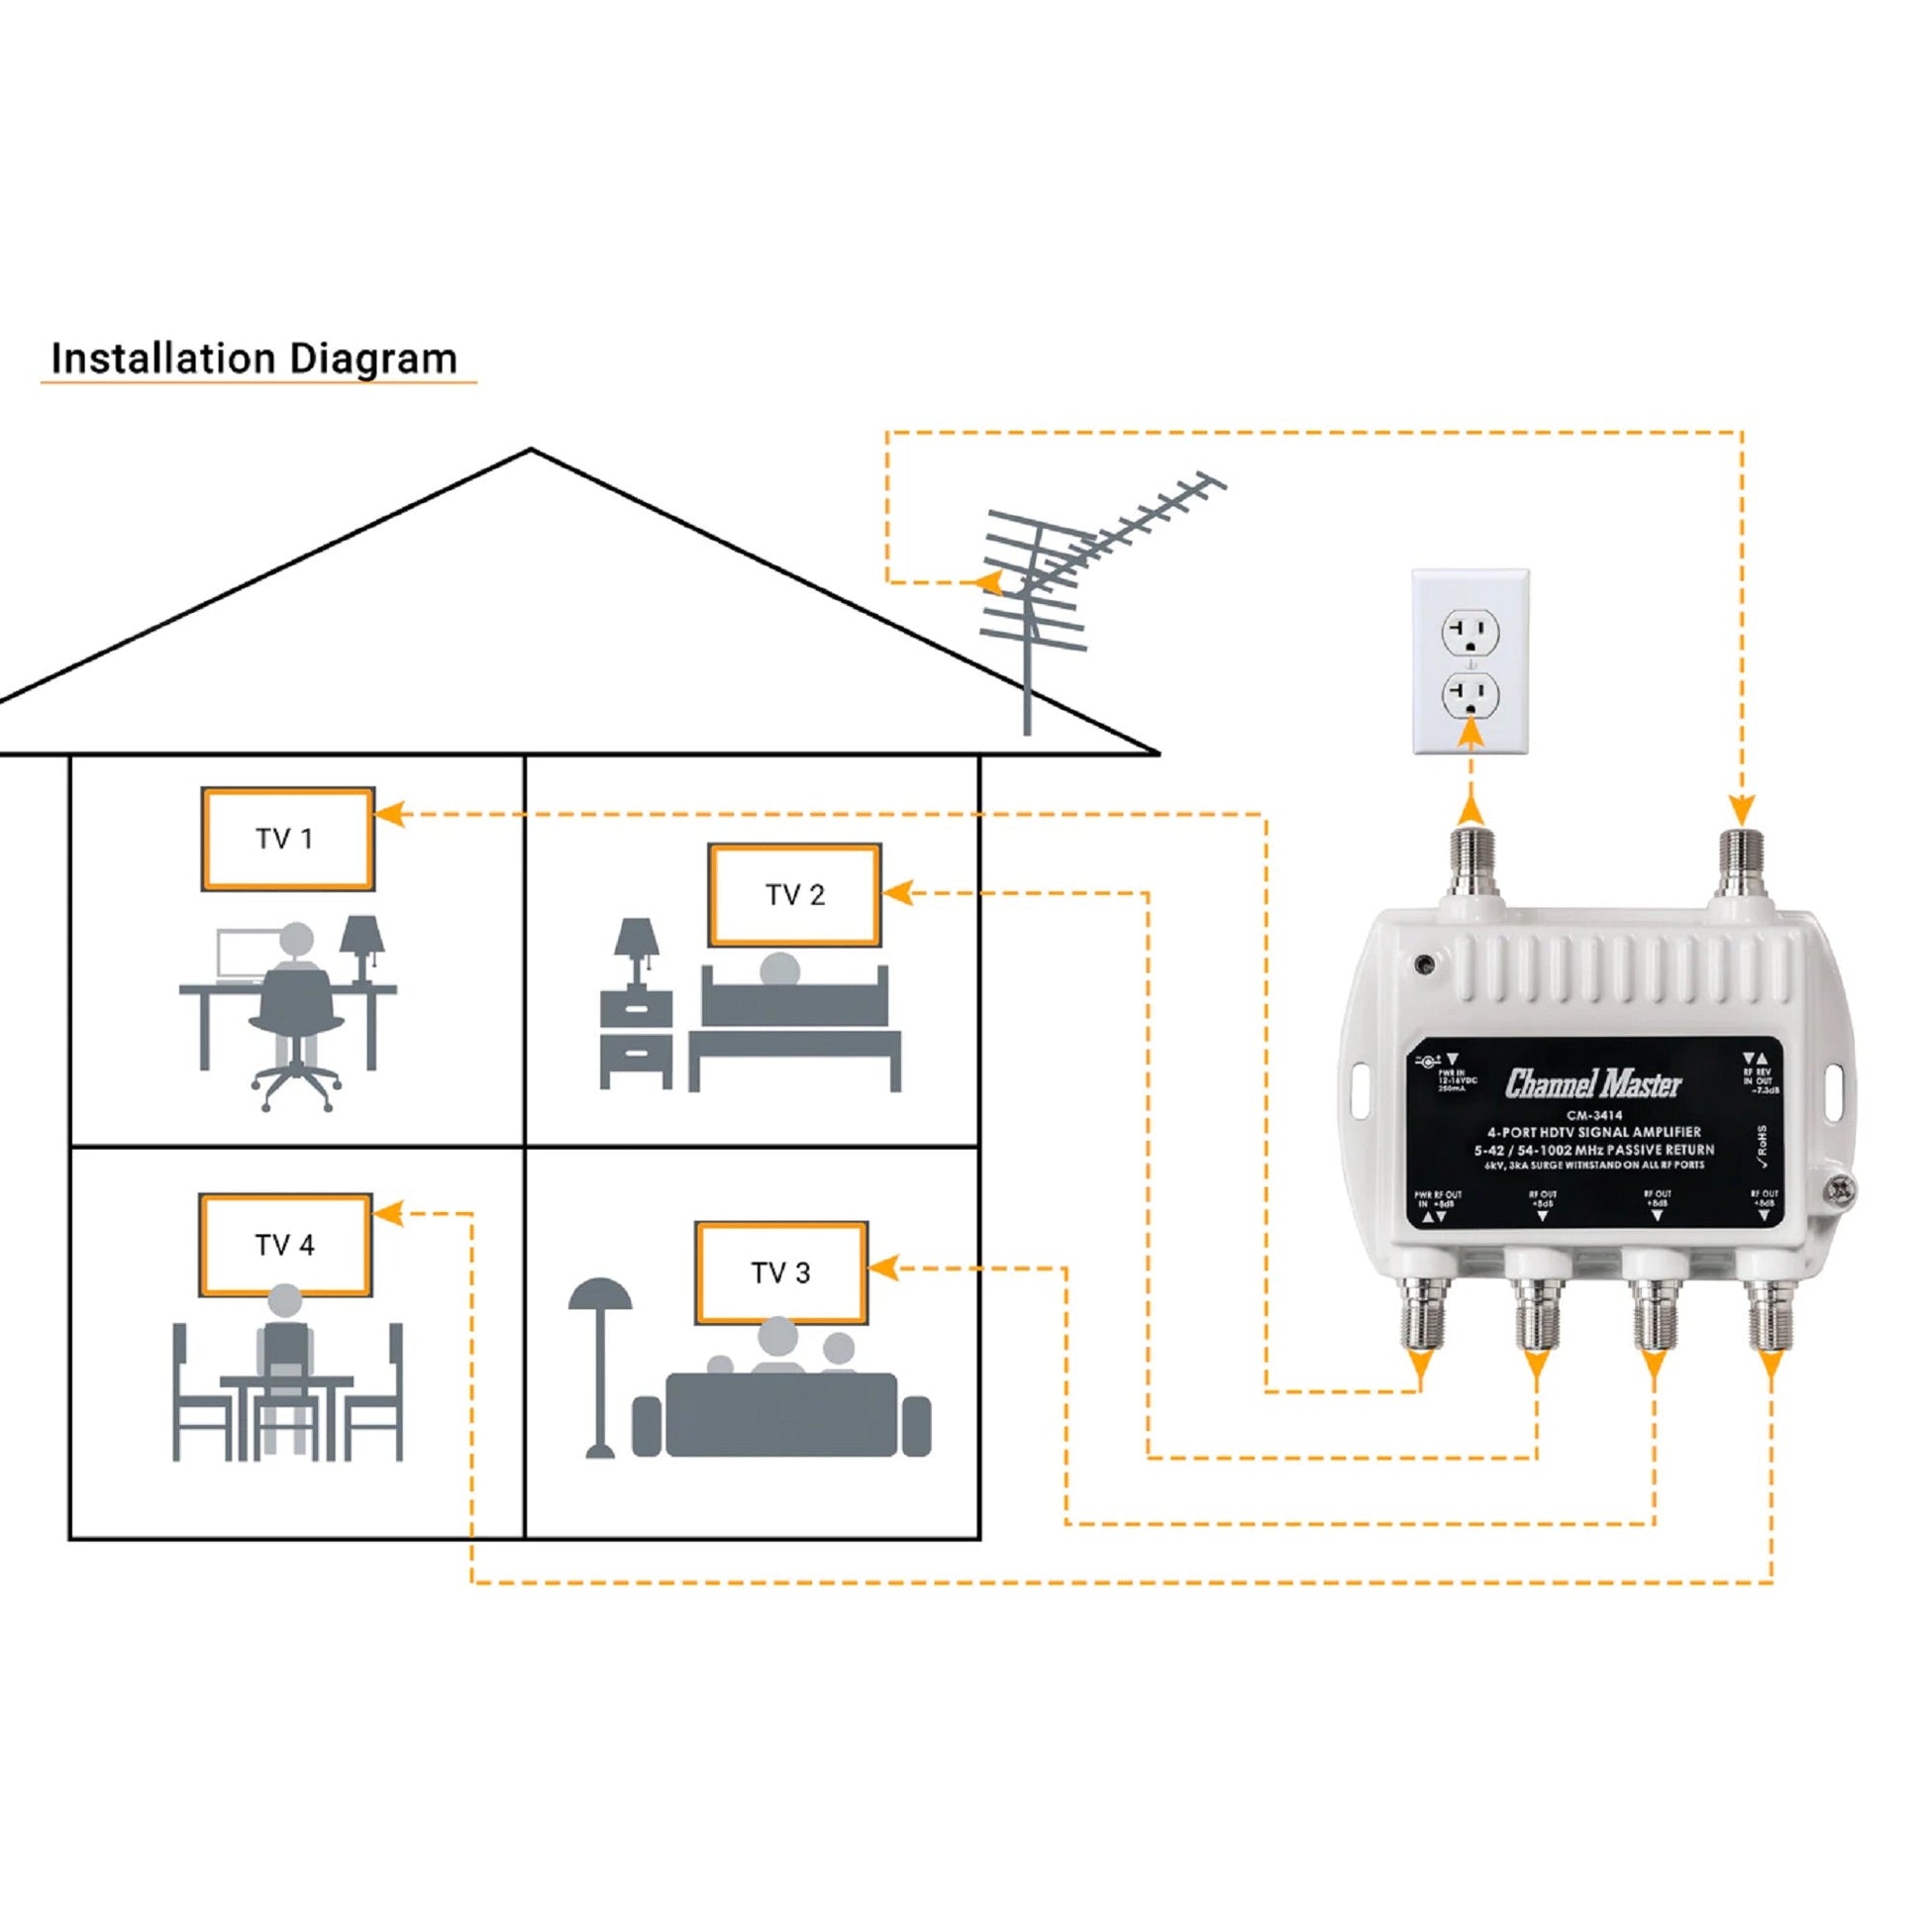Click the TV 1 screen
tap(287, 839)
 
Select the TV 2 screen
tap(795, 895)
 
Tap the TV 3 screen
tap(781, 1272)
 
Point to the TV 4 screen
tap(285, 1245)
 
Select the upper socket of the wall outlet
tap(1470, 633)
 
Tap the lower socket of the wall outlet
tap(1470, 694)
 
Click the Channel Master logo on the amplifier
tap(1593, 1085)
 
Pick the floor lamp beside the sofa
tap(600, 1367)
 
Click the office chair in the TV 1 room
tap(295, 1038)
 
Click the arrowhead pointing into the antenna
tap(988, 581)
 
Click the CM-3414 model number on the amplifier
tap(1594, 1116)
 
